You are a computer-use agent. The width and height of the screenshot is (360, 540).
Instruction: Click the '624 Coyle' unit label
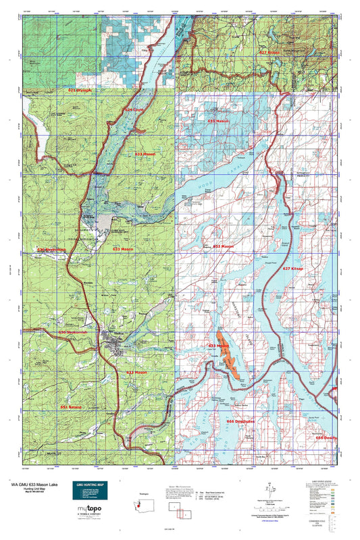tap(134, 109)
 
